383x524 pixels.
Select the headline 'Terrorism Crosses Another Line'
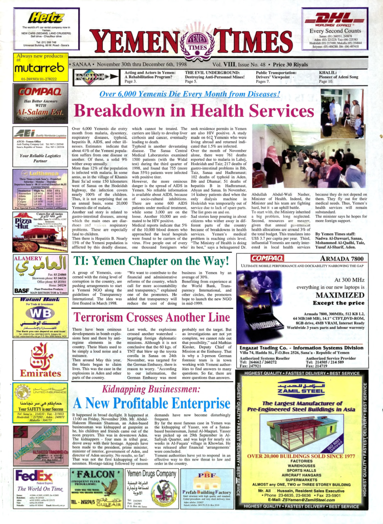click(151, 317)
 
